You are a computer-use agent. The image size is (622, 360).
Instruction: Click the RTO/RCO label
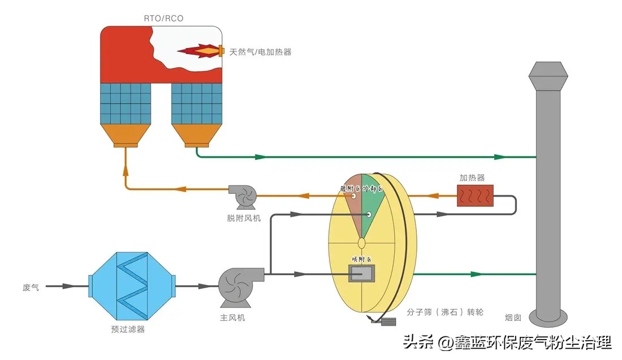pyautogui.click(x=163, y=19)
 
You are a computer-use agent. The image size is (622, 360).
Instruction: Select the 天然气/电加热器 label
pyautogui.click(x=260, y=52)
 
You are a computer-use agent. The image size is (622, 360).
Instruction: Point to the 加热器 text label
pyautogui.click(x=472, y=177)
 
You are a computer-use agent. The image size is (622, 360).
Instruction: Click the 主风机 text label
pyautogui.click(x=232, y=318)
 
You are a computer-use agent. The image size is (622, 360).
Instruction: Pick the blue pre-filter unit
pyautogui.click(x=132, y=286)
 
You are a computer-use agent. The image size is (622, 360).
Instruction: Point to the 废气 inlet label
pyautogui.click(x=31, y=287)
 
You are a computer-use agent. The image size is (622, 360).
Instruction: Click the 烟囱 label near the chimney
pyautogui.click(x=529, y=316)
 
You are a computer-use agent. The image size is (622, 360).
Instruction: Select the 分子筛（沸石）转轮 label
pyautogui.click(x=446, y=311)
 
